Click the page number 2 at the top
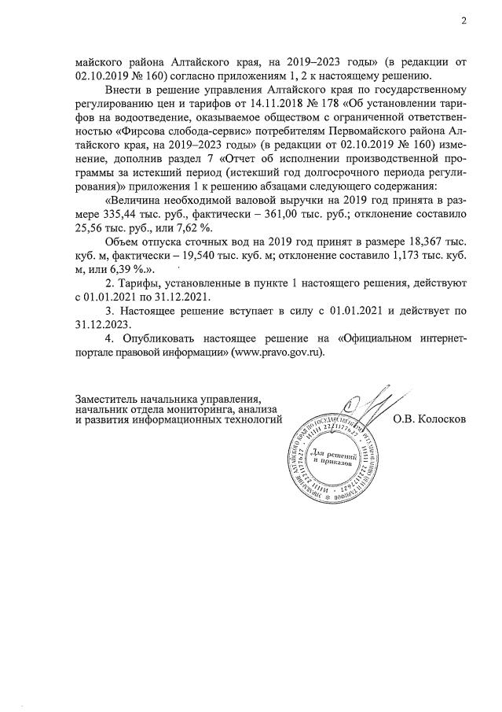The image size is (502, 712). [x=464, y=21]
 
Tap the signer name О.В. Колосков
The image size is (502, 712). [x=428, y=419]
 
